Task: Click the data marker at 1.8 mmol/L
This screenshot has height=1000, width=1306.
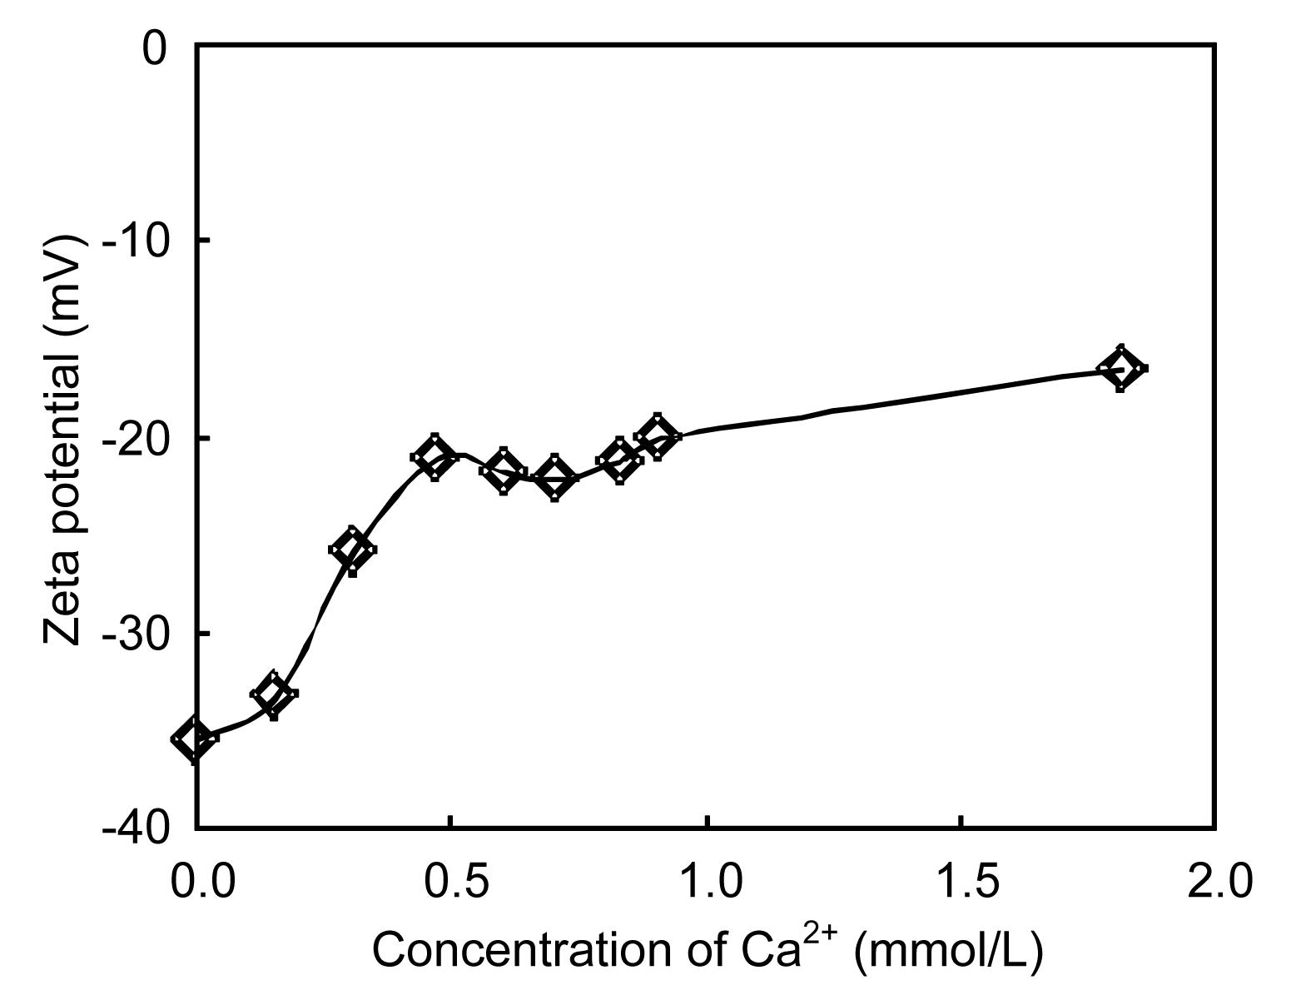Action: pos(1120,368)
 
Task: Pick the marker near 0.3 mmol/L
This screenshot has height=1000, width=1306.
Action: pos(352,550)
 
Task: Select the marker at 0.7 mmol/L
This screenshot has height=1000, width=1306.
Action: pos(555,478)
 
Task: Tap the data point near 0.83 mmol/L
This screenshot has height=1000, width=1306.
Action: pos(620,460)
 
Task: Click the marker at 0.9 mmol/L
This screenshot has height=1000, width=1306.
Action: pos(658,435)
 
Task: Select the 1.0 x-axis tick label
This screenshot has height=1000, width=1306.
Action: pos(707,881)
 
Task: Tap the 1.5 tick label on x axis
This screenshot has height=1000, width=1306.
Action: pos(961,881)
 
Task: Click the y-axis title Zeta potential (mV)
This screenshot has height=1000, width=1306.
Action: pos(65,439)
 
